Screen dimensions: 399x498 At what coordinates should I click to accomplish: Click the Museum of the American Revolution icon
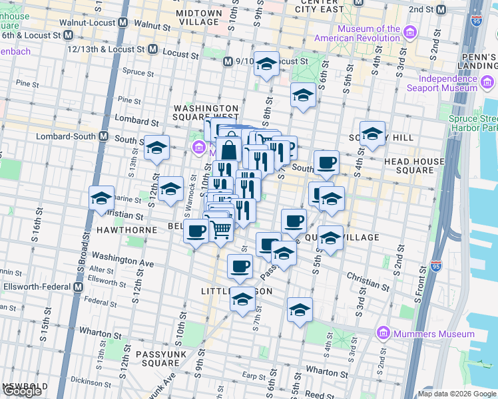411,33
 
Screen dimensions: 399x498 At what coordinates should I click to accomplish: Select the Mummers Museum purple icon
383,332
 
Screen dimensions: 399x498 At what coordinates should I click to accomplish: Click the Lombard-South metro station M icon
103,136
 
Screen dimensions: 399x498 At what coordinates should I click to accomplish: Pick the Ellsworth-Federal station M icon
78,287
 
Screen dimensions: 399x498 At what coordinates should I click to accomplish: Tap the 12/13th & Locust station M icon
152,49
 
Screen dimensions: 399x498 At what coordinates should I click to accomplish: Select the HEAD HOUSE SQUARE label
414,166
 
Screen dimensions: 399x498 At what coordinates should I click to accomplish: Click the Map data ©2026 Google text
457,394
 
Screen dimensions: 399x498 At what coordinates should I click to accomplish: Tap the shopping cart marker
222,230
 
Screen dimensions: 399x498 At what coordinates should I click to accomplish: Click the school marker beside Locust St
266,64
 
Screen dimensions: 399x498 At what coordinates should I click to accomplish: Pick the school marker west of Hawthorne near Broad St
102,198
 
